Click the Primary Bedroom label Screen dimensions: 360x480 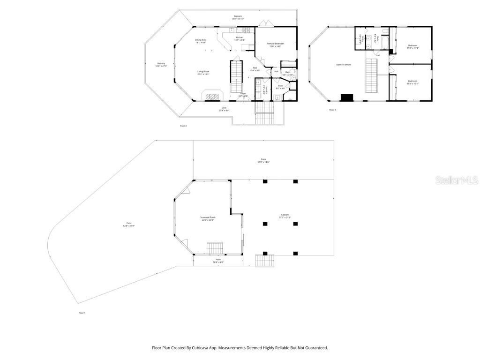click(x=275, y=44)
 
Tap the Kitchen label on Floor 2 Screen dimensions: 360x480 click(x=240, y=37)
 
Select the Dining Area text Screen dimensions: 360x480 click(x=201, y=40)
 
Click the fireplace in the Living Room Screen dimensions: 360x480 click(x=213, y=96)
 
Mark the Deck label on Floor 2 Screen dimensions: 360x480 click(x=224, y=108)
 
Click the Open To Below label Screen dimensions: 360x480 click(x=343, y=65)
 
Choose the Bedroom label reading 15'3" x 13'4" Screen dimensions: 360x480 click(x=412, y=45)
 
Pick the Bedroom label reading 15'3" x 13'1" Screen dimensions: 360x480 click(x=412, y=81)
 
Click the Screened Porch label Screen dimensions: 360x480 click(x=208, y=217)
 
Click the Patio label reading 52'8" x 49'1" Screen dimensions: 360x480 click(x=129, y=224)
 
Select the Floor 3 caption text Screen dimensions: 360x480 click(x=332, y=110)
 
